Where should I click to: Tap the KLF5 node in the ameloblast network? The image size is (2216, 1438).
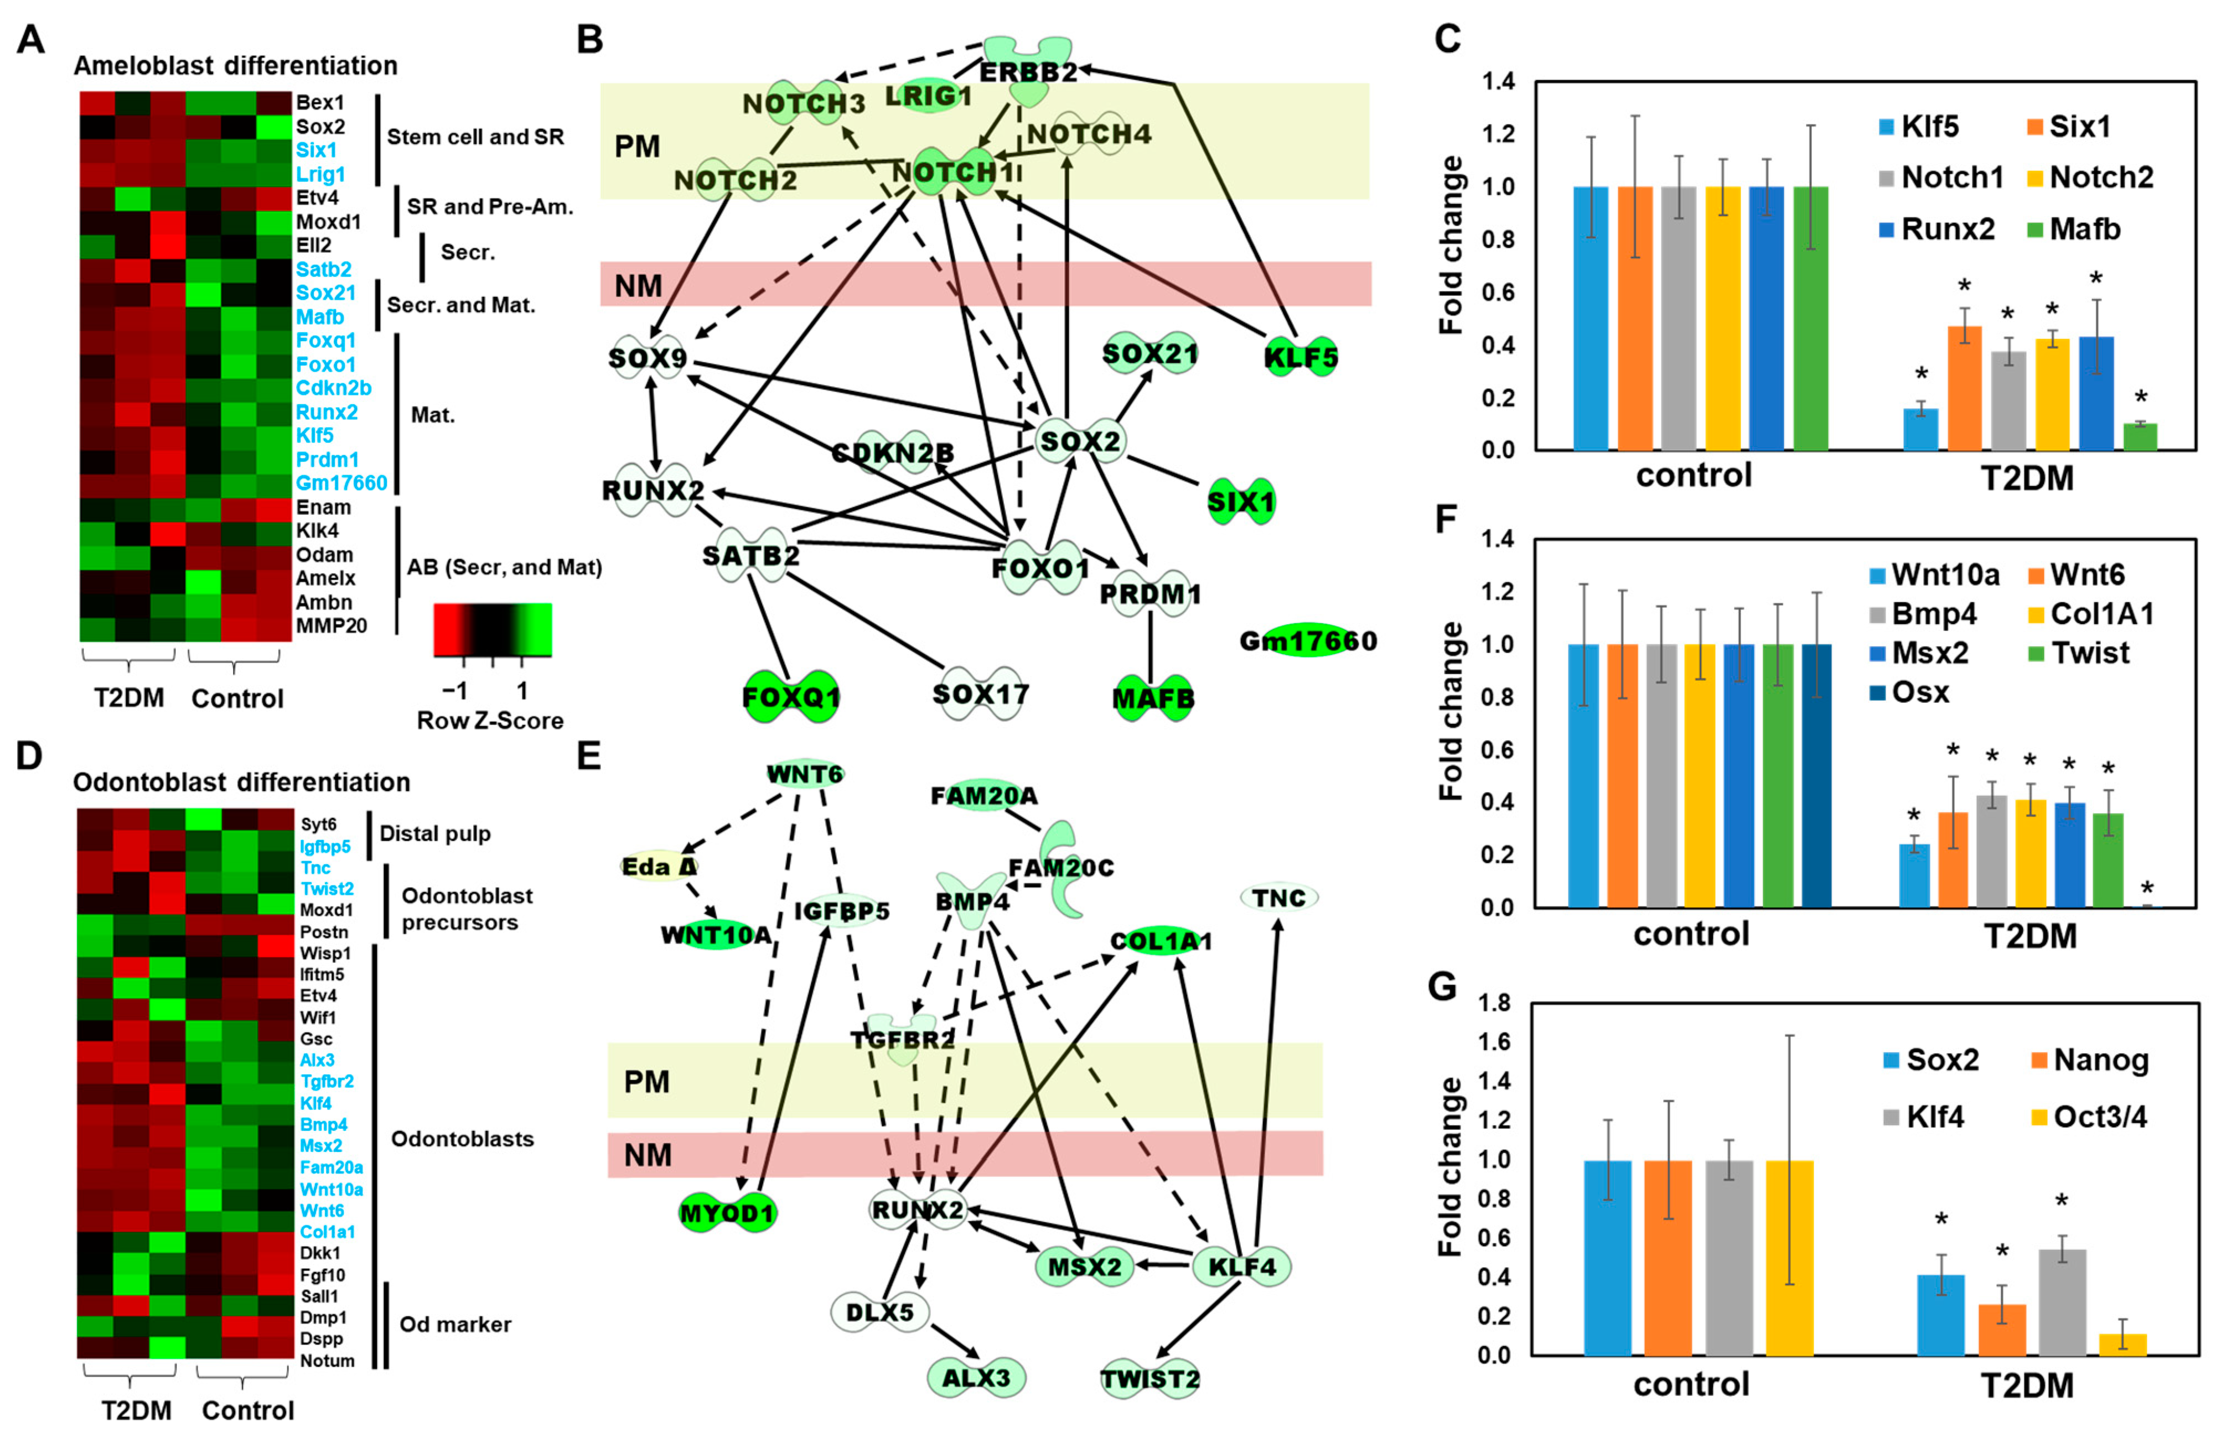point(1301,357)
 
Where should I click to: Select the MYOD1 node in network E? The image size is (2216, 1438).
point(727,1213)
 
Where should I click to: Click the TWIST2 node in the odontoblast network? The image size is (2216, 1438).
point(1150,1378)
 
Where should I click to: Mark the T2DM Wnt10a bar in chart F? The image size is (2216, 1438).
point(1914,875)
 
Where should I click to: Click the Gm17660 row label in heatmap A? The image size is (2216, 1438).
point(341,483)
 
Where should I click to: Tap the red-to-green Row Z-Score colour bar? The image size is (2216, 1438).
point(493,629)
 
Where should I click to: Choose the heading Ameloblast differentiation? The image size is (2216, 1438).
point(236,66)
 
